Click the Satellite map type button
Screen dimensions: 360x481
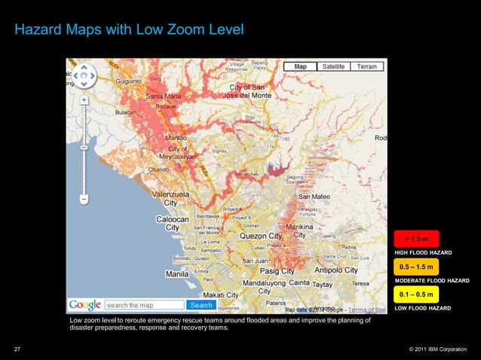click(333, 67)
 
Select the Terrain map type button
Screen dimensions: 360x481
click(366, 67)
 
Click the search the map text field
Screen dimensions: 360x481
click(145, 305)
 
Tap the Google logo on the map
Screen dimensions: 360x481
click(84, 305)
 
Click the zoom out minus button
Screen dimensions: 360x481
click(84, 199)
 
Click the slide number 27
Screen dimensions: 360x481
click(17, 349)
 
